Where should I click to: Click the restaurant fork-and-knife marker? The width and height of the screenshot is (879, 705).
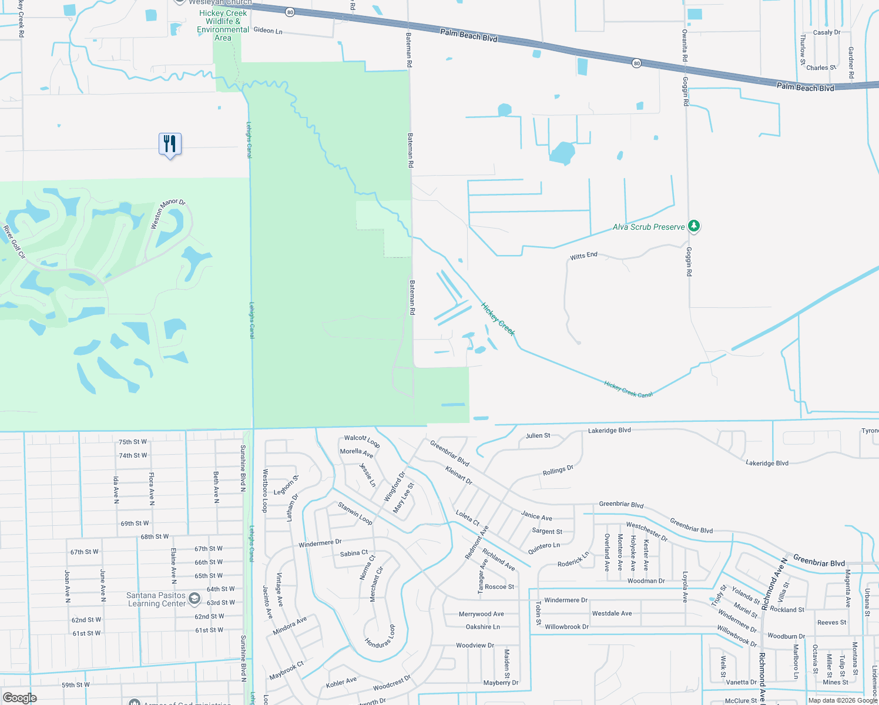pyautogui.click(x=170, y=144)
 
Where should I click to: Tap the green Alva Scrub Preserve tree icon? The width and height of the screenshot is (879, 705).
pyautogui.click(x=694, y=226)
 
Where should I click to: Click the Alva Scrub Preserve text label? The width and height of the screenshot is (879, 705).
pyautogui.click(x=649, y=227)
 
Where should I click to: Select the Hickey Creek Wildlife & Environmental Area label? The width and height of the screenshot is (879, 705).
pyautogui.click(x=223, y=25)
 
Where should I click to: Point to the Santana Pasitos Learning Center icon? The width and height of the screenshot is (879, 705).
pyautogui.click(x=194, y=599)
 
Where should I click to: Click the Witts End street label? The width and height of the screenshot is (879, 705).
pyautogui.click(x=583, y=256)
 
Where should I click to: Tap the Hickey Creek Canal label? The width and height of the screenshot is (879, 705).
pyautogui.click(x=629, y=390)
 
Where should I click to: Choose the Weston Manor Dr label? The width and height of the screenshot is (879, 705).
pyautogui.click(x=167, y=213)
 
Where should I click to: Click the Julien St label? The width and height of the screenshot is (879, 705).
pyautogui.click(x=538, y=436)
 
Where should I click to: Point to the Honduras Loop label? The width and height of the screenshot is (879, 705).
pyautogui.click(x=380, y=636)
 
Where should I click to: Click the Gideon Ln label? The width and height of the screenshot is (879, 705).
pyautogui.click(x=268, y=31)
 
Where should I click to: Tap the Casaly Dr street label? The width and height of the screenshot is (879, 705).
pyautogui.click(x=827, y=33)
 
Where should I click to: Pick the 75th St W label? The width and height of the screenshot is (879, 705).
pyautogui.click(x=133, y=442)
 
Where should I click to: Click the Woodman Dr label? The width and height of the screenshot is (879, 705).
pyautogui.click(x=646, y=581)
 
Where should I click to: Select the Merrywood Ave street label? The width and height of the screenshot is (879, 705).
pyautogui.click(x=481, y=614)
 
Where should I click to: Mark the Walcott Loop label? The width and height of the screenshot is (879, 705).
pyautogui.click(x=362, y=441)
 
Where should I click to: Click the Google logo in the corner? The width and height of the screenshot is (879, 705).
pyautogui.click(x=19, y=697)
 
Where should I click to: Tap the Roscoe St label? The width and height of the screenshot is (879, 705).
pyautogui.click(x=499, y=587)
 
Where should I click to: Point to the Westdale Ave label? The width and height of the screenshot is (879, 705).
pyautogui.click(x=612, y=613)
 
